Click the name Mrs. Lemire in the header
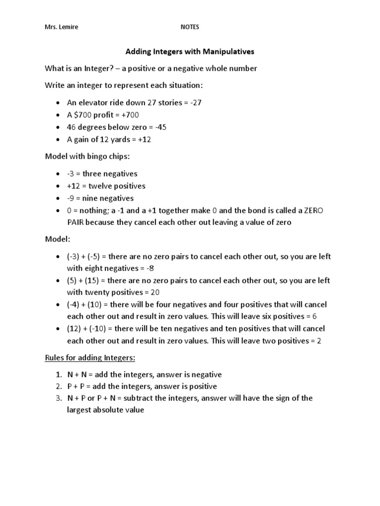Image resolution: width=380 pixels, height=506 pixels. [x=61, y=28]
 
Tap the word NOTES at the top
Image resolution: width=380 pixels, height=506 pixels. [x=190, y=28]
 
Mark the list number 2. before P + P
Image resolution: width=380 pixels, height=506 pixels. [x=58, y=386]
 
